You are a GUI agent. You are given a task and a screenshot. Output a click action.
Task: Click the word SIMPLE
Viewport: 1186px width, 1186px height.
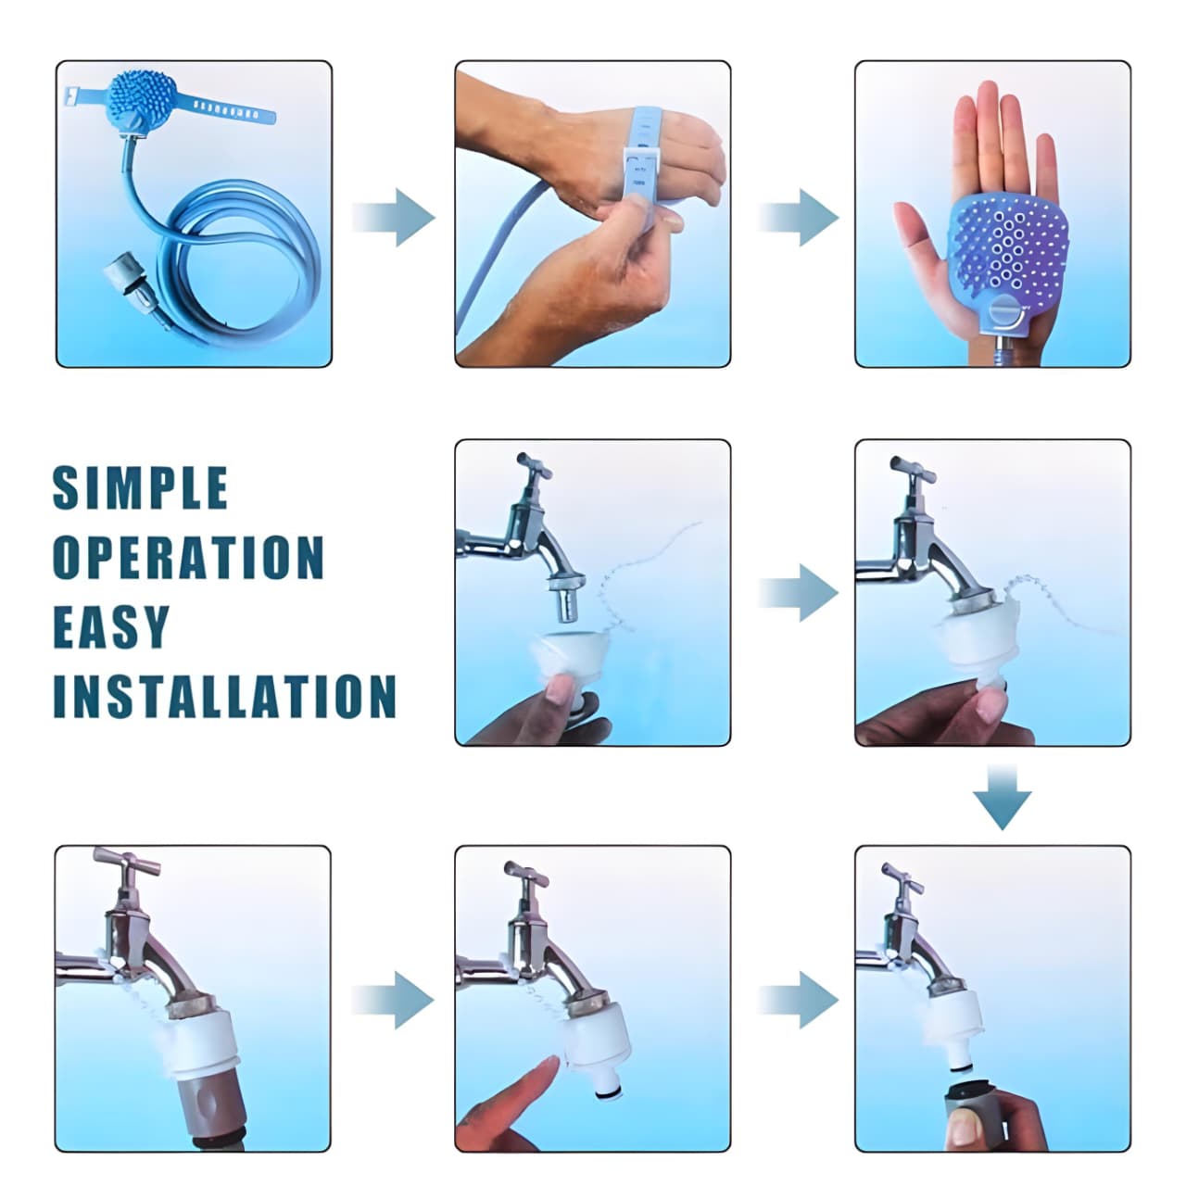tap(140, 487)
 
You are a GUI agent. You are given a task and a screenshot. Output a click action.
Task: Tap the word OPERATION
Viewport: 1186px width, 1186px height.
tap(188, 557)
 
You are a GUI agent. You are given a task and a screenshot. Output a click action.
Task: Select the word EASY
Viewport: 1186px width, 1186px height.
tap(111, 626)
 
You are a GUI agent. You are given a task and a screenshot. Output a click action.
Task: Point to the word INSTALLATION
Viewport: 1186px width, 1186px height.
tap(224, 696)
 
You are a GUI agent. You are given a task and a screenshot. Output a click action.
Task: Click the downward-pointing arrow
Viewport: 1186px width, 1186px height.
tap(1002, 797)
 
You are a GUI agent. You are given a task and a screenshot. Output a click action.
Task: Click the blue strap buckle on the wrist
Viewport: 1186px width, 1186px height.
tap(642, 173)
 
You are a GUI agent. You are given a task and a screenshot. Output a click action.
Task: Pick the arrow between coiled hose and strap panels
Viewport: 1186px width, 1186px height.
tap(394, 217)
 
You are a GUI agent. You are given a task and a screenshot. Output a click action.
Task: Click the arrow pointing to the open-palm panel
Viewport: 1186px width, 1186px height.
tap(799, 217)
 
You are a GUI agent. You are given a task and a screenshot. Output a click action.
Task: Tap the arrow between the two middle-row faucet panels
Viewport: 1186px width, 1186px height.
tap(799, 593)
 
